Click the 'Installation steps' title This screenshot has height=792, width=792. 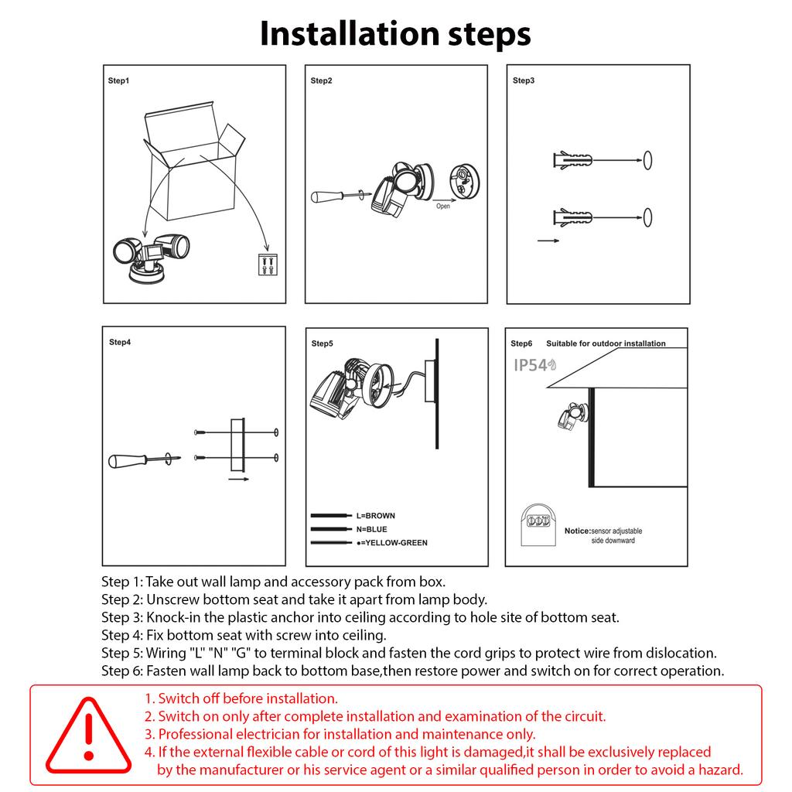pyautogui.click(x=395, y=33)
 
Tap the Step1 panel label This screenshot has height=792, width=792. pyautogui.click(x=118, y=80)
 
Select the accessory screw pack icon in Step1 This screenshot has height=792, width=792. pyautogui.click(x=265, y=265)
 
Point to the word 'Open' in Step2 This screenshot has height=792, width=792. pyautogui.click(x=442, y=207)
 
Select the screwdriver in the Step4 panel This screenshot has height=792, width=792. pyautogui.click(x=144, y=460)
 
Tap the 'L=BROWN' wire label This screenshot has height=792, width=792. pyautogui.click(x=375, y=515)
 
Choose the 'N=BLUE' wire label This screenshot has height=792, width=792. pyautogui.click(x=371, y=529)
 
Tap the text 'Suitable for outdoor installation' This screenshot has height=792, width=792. pyautogui.click(x=606, y=343)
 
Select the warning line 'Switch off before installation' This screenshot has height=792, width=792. pyautogui.click(x=241, y=698)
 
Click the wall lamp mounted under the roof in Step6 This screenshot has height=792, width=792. pyautogui.click(x=572, y=417)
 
